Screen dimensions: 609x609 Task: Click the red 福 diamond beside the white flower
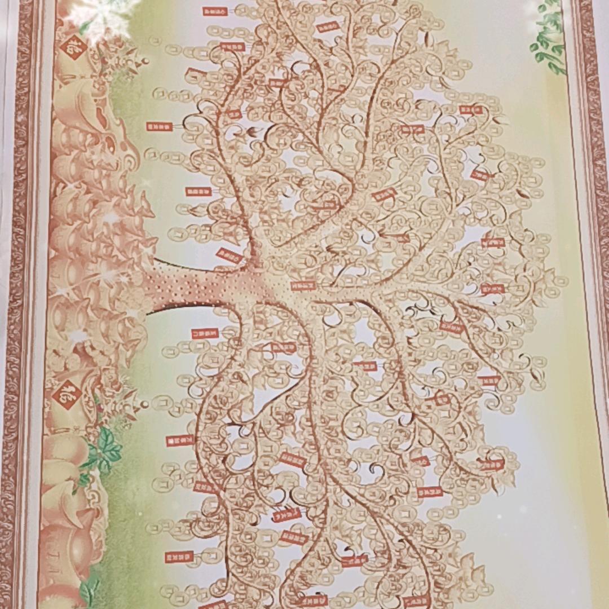pos(73,47)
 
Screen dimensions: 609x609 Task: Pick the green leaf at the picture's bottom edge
pos(89,592)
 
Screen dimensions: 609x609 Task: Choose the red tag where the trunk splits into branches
pos(303,285)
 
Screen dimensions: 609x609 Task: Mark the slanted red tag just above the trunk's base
pos(230,255)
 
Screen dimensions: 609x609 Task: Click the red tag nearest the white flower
pos(215,11)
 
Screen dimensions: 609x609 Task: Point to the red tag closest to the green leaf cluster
pos(180,440)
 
